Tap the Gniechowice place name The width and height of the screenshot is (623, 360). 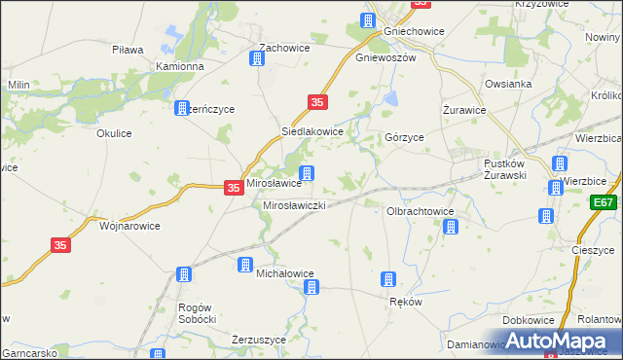coord(415,31)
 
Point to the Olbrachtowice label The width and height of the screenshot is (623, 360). coord(421,210)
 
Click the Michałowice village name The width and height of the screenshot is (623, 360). coord(285,274)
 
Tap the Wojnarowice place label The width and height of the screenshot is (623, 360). coord(129,225)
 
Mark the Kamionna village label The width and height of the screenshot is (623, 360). coord(180,67)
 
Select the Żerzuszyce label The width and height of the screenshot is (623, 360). coord(258,340)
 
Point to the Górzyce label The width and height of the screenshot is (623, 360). coord(404,138)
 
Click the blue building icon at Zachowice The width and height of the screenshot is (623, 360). coord(257,58)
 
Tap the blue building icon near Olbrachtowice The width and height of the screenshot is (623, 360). coord(451,227)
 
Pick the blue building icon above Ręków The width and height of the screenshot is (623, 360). coord(388,280)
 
